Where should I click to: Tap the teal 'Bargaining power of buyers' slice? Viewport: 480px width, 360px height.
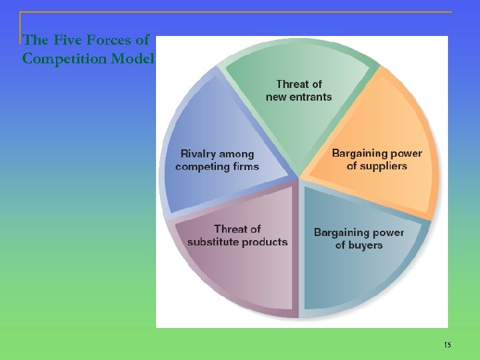tap(360, 267)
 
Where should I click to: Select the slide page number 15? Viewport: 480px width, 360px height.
tap(447, 345)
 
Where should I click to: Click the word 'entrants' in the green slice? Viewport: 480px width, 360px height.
tap(310, 97)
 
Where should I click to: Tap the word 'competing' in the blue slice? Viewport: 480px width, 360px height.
tap(201, 167)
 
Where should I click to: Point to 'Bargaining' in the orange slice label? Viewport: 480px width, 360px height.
tap(359, 153)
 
